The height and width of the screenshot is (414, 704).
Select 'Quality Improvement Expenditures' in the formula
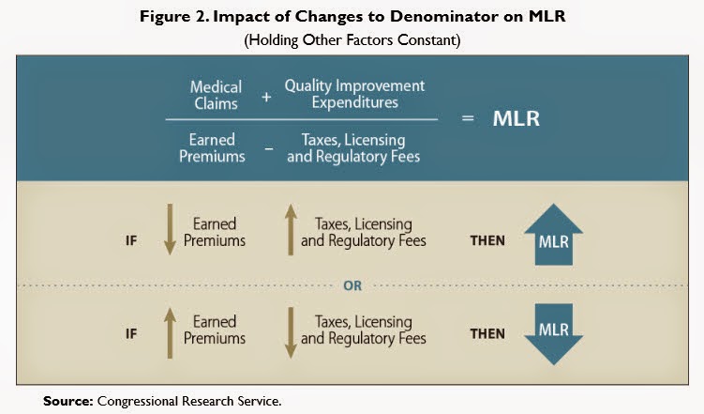pos(353,94)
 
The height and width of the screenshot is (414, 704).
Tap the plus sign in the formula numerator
pos(266,95)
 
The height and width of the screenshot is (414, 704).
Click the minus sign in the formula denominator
pos(266,147)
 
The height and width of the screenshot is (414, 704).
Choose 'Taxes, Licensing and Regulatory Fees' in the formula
pos(353,147)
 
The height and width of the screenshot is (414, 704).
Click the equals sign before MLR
pos(467,120)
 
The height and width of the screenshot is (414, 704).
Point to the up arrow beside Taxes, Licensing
pos(289,231)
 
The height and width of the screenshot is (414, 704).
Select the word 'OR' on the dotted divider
pos(352,286)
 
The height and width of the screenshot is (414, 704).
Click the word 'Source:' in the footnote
pos(67,401)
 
